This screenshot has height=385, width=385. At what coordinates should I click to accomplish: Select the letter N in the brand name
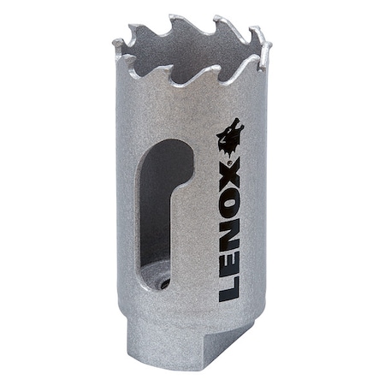pos(228,228)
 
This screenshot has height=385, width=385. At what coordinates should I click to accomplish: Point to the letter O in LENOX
pos(228,195)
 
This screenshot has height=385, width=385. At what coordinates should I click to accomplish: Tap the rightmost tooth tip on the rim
pos(266,43)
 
